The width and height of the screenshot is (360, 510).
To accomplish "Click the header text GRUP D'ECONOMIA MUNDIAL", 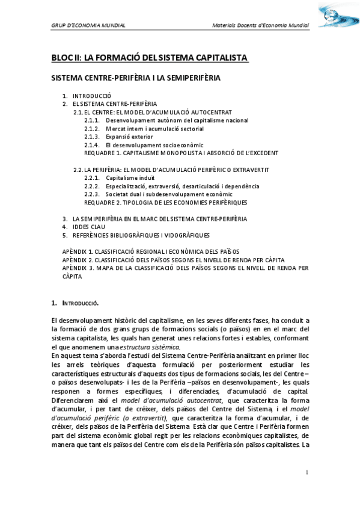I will click(88, 26).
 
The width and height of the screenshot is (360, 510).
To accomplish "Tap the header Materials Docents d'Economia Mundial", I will click(261, 26).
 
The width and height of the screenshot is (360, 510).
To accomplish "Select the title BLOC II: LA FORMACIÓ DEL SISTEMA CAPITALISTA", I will click(149, 58).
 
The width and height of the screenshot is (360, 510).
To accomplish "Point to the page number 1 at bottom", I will click(307, 473).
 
